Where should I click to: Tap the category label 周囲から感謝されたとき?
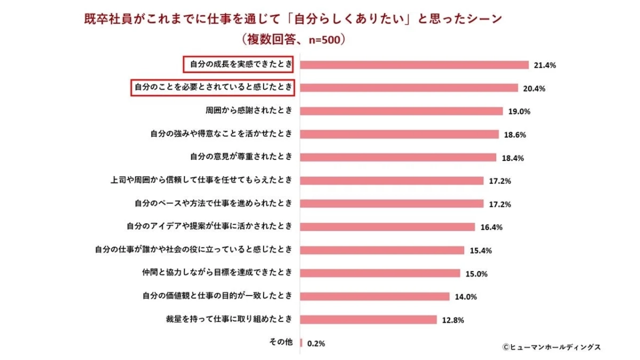[x=249, y=111]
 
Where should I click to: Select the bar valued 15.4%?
[x=382, y=250]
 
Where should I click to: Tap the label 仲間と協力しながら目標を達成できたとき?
[x=215, y=273]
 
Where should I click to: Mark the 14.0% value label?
[x=465, y=297]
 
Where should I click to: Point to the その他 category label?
[x=281, y=342]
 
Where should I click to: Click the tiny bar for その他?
[x=301, y=342]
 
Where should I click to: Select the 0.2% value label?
[x=316, y=343]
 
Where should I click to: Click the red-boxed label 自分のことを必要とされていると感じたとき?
[x=213, y=87]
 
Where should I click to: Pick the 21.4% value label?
[x=545, y=65]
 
